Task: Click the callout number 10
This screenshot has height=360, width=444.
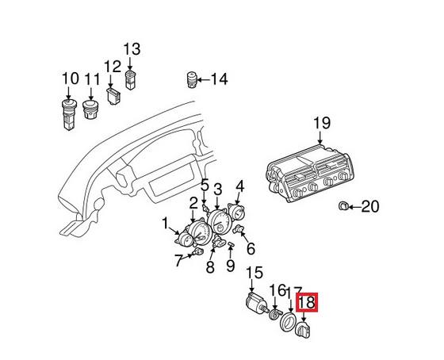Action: click(70, 79)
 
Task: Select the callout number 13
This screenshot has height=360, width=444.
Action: click(132, 49)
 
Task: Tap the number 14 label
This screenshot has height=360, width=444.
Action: click(218, 79)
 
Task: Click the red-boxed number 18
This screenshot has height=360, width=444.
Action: click(306, 302)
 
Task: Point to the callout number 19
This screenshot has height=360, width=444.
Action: click(320, 123)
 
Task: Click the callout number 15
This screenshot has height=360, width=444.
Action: click(254, 274)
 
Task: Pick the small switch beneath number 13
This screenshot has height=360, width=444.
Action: click(132, 77)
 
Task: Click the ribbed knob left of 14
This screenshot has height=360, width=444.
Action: click(191, 80)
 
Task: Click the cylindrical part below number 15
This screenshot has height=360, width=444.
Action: click(255, 303)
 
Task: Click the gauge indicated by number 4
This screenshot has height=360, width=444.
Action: click(237, 214)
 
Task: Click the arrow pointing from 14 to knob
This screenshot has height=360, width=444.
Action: click(204, 79)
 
